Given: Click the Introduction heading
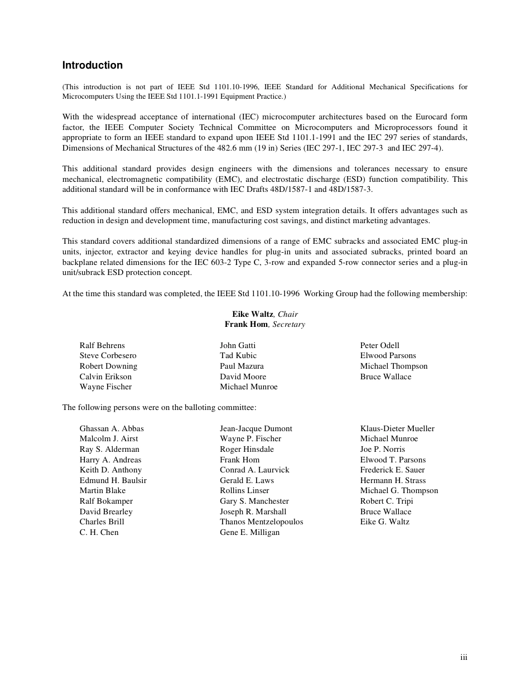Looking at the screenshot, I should point(92,65).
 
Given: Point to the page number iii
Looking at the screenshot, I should point(464,658).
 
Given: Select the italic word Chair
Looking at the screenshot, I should point(288,314).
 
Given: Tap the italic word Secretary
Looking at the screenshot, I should point(288,325).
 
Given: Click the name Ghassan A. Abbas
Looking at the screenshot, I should point(112,428).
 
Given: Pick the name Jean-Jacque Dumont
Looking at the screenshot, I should point(256,428).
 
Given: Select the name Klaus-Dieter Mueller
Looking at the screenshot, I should point(397,428).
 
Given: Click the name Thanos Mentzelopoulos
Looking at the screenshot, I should point(262,522).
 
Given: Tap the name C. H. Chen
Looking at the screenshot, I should point(99,532).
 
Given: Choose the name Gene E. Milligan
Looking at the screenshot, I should point(250,532).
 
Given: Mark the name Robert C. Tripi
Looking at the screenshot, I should point(387,501).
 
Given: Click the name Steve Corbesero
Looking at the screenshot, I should point(108,356).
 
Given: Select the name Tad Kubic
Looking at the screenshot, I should point(238,356).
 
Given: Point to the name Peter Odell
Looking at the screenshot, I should point(380,345).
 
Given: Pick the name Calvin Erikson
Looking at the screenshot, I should point(105,377).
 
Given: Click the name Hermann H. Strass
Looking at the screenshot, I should point(393,480).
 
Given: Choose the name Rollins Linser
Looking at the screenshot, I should point(244,491).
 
